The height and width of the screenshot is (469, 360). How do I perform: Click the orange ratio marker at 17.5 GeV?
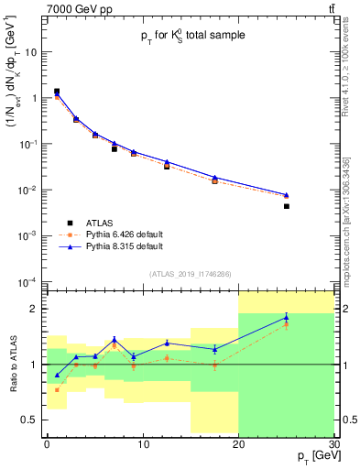(214, 365)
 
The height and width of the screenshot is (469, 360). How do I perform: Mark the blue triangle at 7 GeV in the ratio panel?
(114, 339)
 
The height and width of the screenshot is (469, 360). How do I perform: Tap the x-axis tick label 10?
(143, 443)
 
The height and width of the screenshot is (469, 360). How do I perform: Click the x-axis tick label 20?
(238, 443)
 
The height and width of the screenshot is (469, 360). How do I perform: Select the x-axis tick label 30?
(333, 443)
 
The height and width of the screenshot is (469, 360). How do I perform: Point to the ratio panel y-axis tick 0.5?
(34, 420)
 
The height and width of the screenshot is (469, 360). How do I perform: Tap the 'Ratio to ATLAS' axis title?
(13, 364)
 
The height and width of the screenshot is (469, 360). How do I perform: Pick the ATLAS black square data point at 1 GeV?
(57, 92)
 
